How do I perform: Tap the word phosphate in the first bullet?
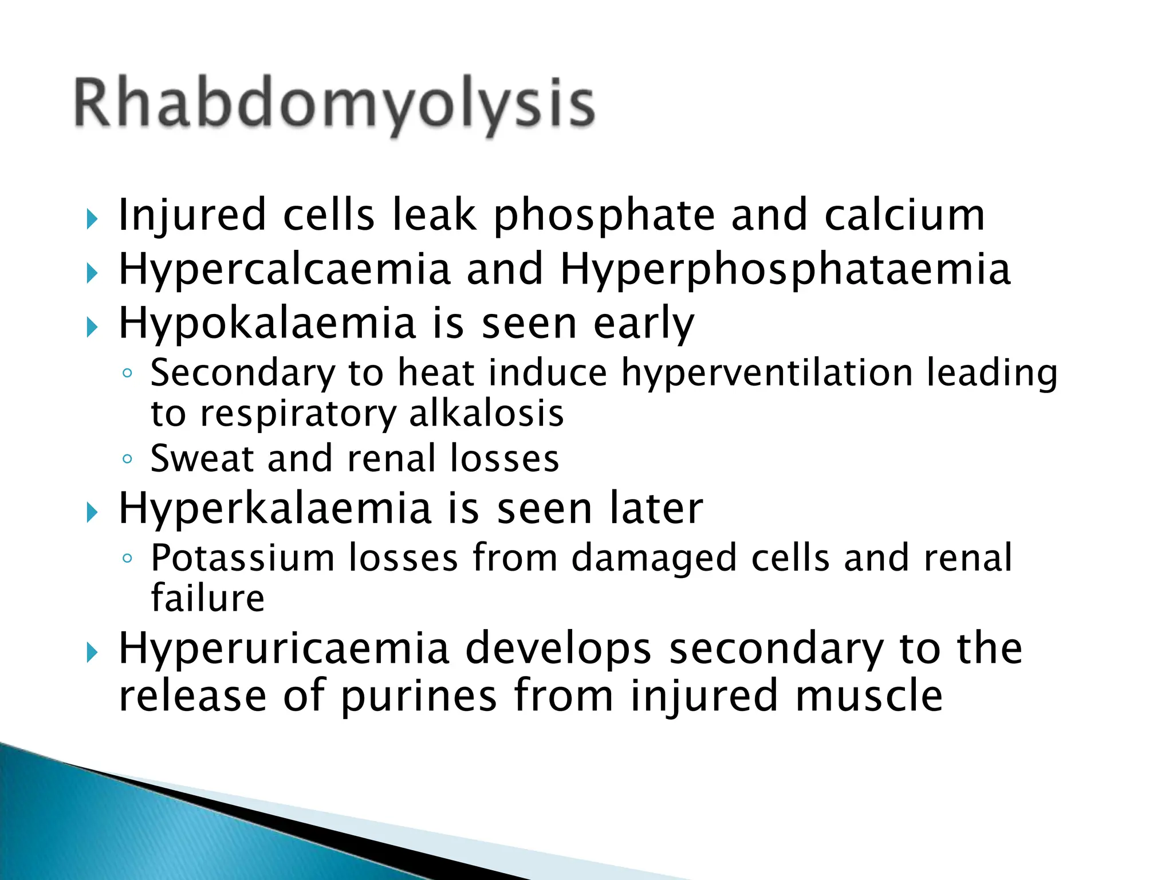coord(604,216)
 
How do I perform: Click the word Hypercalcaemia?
coord(285,270)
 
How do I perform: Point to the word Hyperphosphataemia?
coord(785,270)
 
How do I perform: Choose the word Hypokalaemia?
coord(267,324)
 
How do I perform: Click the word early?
coord(643,324)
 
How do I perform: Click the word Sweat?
coord(202,458)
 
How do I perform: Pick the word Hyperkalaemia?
coord(274,509)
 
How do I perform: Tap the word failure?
coord(207,598)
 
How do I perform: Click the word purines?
coord(419,696)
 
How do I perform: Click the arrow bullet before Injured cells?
coord(92,219)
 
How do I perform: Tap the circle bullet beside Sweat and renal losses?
coord(127,459)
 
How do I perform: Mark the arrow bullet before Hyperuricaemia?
coord(92,652)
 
